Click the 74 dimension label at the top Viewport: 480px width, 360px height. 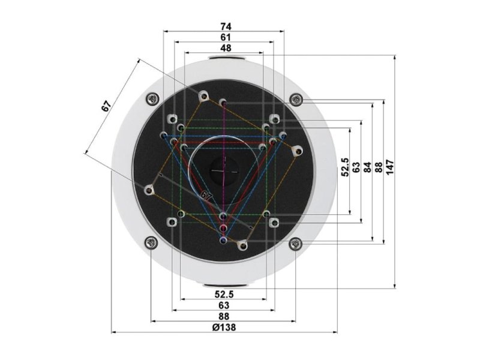(226, 26)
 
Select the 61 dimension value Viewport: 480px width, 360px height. (226, 37)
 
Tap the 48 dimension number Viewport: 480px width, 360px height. (226, 48)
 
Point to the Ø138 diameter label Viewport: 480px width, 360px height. (224, 327)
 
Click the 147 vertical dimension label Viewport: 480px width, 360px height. (389, 167)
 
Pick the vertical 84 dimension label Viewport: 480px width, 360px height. (367, 167)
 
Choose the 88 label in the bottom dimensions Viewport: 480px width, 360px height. (224, 316)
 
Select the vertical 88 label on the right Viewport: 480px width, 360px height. (379, 167)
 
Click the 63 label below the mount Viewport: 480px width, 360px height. (224, 305)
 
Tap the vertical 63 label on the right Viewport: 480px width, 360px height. (356, 167)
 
